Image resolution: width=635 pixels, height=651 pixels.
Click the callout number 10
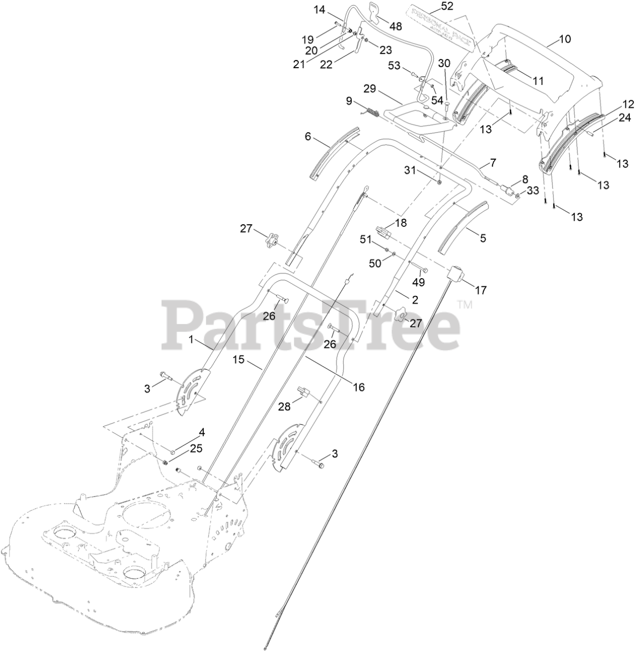coord(565,39)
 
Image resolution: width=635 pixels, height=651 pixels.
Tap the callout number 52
coord(433,6)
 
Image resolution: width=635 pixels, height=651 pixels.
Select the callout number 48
coord(395,25)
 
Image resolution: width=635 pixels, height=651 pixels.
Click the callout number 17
coord(480,290)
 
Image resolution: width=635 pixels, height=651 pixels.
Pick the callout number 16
coord(358,388)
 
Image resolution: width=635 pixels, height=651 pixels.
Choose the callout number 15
coord(239,360)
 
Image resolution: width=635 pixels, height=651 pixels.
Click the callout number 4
coord(202,433)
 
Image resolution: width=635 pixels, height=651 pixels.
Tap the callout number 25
coord(196,449)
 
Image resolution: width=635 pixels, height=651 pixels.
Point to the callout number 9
coord(349,101)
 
